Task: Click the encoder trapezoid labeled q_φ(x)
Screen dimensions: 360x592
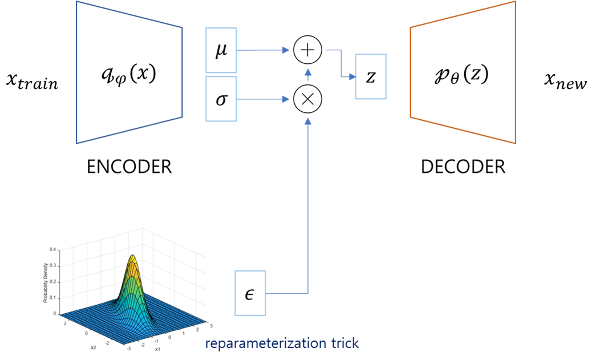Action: coord(129,73)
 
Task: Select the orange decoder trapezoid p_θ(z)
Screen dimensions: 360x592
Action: coord(463,73)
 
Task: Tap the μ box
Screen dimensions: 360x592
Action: coord(221,50)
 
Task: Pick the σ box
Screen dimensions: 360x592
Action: coord(221,99)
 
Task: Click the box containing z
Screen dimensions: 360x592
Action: coord(371,76)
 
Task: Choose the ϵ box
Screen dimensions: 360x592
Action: coord(250,293)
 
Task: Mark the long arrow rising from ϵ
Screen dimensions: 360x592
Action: coord(308,205)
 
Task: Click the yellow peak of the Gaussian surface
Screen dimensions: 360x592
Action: coord(132,260)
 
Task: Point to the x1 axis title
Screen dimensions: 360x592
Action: coord(157,349)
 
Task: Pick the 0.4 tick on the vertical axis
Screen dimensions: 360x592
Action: coord(52,249)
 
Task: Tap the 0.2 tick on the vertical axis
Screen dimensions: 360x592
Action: coord(52,281)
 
